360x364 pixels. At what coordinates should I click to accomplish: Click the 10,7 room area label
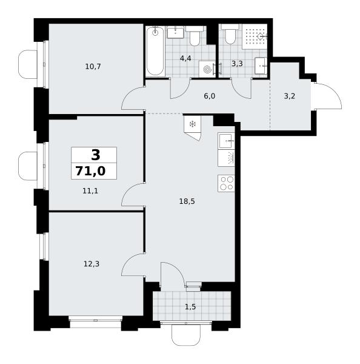tap(93, 67)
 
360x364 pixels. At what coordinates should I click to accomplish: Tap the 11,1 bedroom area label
tap(90, 191)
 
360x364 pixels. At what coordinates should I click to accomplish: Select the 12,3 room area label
tap(92, 264)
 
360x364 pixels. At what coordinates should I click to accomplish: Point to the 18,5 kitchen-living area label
tap(187, 201)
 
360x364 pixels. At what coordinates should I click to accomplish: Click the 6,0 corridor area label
tap(210, 96)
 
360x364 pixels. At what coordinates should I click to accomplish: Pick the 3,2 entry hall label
tap(290, 96)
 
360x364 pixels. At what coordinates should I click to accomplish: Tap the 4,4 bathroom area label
tap(185, 58)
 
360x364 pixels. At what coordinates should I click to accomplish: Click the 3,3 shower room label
tap(237, 63)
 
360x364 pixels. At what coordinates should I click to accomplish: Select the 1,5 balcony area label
tap(190, 307)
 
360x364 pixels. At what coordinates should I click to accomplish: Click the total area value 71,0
tap(90, 171)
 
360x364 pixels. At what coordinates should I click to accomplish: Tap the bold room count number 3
tap(96, 155)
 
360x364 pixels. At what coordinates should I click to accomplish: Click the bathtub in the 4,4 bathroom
tap(155, 51)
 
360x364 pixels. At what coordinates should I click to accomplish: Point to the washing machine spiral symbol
tap(206, 69)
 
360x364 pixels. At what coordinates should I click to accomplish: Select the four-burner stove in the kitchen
tap(226, 183)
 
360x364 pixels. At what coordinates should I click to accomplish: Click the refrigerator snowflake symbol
tap(192, 124)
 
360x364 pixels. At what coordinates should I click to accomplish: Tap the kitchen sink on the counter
tap(226, 141)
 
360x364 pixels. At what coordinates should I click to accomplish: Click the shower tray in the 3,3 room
tap(255, 36)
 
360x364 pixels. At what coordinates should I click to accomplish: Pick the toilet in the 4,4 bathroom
tap(195, 36)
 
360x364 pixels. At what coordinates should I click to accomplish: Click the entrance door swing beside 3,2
tap(327, 96)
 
